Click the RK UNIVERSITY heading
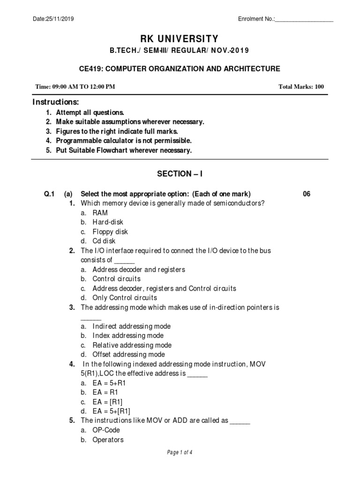[x=180, y=38]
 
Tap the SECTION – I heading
[x=180, y=174]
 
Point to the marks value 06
[x=307, y=194]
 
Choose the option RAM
[x=100, y=212]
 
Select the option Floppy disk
[x=110, y=232]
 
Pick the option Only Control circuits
[x=125, y=298]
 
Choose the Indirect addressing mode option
[x=131, y=326]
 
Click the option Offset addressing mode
[x=128, y=354]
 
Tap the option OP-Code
[x=106, y=430]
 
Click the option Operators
[x=108, y=440]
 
